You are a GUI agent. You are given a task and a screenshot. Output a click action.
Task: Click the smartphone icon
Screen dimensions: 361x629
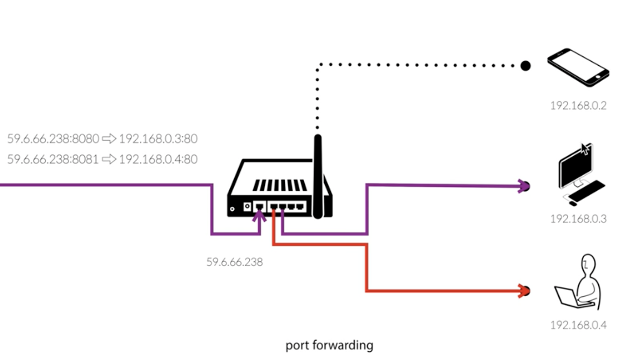point(578,67)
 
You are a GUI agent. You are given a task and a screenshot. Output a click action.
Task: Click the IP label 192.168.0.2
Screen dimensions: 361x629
point(578,106)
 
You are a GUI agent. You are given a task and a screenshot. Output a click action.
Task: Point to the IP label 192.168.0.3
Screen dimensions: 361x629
point(578,219)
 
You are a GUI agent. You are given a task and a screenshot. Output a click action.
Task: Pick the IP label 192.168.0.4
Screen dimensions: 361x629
point(578,325)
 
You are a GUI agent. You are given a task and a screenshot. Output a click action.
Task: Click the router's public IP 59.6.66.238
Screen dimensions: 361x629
point(234,262)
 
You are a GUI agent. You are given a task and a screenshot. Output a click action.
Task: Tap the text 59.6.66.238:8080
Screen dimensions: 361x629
point(53,139)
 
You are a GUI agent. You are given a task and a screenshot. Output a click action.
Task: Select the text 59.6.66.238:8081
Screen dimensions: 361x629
point(53,159)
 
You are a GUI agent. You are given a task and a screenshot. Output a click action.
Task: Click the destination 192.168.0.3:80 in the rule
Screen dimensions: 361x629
point(158,139)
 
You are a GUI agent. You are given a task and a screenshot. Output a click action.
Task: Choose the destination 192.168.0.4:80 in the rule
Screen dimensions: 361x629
point(158,159)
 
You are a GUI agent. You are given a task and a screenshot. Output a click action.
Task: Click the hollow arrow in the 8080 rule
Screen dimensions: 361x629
point(109,139)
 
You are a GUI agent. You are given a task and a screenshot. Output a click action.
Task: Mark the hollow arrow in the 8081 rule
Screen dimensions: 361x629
point(109,159)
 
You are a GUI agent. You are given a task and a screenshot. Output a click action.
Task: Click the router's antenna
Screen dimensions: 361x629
point(318,175)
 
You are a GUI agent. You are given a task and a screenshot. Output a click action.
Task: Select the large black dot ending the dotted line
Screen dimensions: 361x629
point(525,66)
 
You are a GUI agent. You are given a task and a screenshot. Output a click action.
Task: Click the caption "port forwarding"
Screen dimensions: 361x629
point(329,345)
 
